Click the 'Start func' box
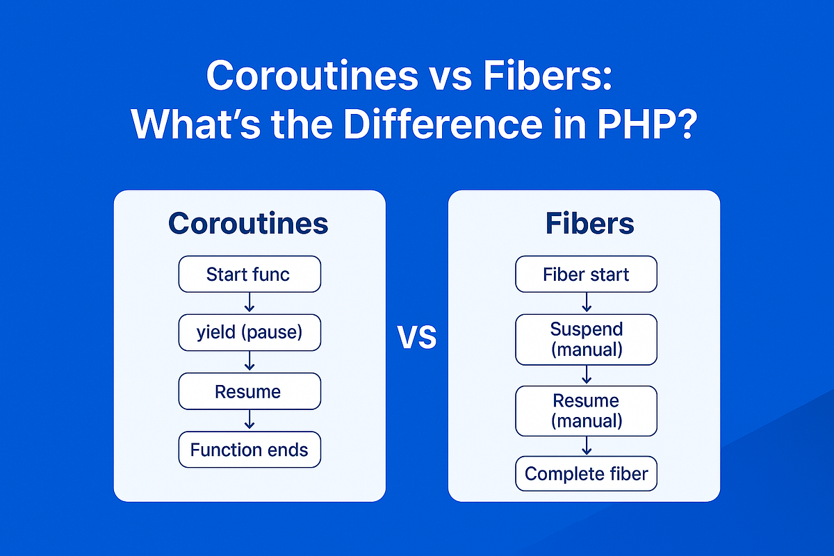[x=250, y=274]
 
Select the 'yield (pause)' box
[x=250, y=332]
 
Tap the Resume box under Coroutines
[x=250, y=391]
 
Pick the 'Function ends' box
[x=250, y=450]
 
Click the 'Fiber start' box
[x=586, y=274]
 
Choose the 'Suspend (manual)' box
[x=586, y=339]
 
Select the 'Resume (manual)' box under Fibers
[x=586, y=411]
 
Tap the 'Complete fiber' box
[x=586, y=474]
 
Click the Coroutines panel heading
[x=248, y=223]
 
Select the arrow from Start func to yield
[x=250, y=303]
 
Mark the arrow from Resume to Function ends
[x=250, y=420]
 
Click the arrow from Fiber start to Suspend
[x=586, y=302]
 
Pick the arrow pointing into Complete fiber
[x=586, y=446]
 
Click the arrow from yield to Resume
[x=250, y=361]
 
